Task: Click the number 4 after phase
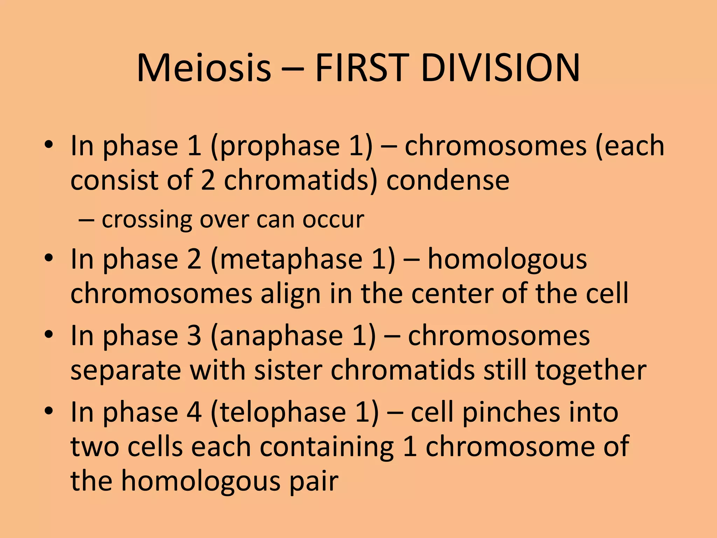[194, 413]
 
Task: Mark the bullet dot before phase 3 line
[49, 334]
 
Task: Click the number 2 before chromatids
[208, 181]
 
